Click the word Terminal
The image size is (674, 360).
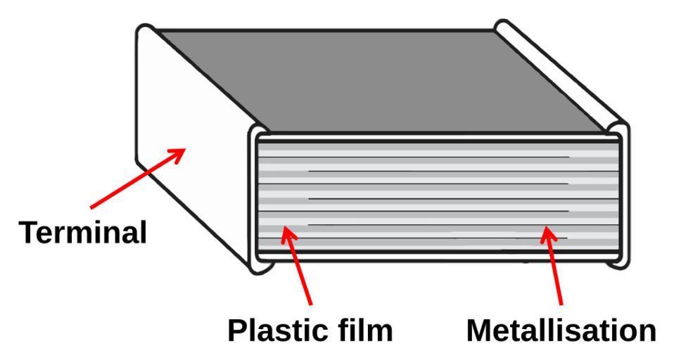(82, 232)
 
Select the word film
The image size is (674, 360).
(365, 330)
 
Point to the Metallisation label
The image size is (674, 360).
(561, 330)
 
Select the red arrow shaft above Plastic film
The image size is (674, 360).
(300, 267)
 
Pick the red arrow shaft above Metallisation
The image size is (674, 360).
(554, 267)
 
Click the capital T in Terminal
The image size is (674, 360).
(28, 232)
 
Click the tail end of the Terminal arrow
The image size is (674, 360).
(91, 207)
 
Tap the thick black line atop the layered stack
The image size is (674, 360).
(436, 141)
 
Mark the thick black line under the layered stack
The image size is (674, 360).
(436, 251)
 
